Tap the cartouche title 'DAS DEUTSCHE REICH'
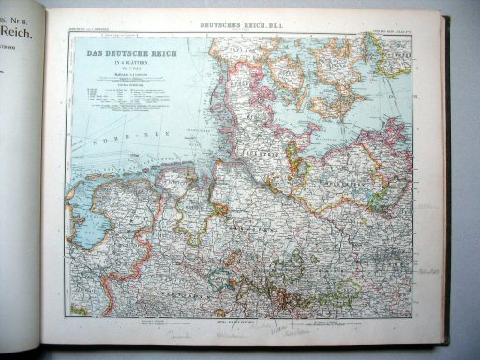click(x=121, y=53)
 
